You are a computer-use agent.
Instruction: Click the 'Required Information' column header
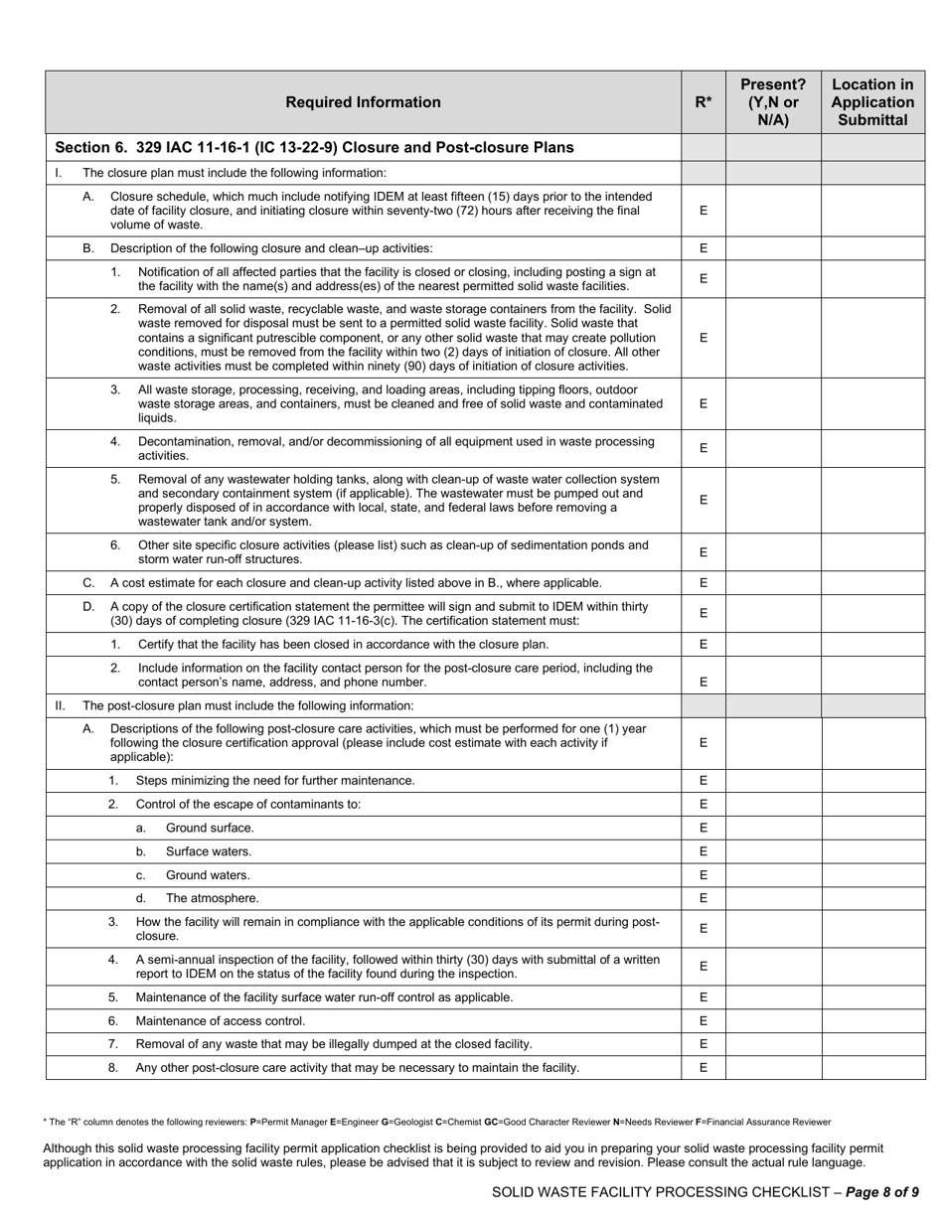(363, 102)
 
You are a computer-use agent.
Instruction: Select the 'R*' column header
(703, 102)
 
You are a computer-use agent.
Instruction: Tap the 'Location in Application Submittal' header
(872, 102)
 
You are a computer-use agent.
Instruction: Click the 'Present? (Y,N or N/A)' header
(773, 102)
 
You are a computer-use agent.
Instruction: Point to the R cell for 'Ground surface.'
(703, 828)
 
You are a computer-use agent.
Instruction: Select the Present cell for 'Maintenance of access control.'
(773, 1020)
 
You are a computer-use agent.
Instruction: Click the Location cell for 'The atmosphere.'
(872, 898)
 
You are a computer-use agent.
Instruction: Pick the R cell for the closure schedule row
(703, 211)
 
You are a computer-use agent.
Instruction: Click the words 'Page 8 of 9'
(882, 1192)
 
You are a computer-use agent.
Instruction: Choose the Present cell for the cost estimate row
(773, 583)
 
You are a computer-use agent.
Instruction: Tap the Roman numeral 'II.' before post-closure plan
(60, 705)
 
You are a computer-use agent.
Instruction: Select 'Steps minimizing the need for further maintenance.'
(275, 781)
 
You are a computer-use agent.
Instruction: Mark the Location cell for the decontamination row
(872, 448)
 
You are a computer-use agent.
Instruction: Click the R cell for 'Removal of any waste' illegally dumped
(703, 1044)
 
